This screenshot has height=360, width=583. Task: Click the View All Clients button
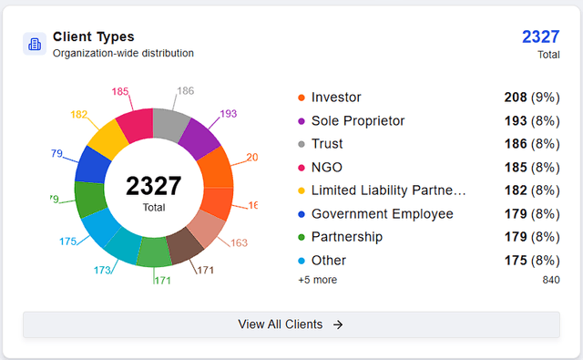tap(291, 324)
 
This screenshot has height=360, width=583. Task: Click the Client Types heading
tap(93, 36)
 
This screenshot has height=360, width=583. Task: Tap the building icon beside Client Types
tap(35, 44)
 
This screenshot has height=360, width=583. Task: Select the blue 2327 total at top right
tap(540, 36)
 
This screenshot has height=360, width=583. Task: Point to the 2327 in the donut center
tap(154, 186)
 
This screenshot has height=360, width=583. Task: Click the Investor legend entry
tap(336, 97)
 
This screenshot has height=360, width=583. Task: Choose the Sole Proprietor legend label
tap(357, 120)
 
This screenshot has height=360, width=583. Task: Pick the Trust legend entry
tap(327, 144)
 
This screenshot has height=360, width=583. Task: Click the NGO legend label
tap(326, 167)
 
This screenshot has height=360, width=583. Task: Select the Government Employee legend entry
tap(382, 214)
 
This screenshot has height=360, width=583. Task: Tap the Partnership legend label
tap(348, 237)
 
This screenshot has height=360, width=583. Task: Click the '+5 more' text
tap(317, 280)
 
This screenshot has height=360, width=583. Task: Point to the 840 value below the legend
tap(550, 280)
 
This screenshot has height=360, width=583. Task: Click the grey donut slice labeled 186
tap(169, 123)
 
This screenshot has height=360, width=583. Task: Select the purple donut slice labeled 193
tap(198, 136)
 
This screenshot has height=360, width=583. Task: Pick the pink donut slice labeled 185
tap(135, 125)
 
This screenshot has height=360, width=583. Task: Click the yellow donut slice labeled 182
tap(108, 139)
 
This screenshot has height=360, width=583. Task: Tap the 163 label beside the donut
tap(239, 242)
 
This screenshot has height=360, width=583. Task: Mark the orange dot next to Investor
tap(301, 98)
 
